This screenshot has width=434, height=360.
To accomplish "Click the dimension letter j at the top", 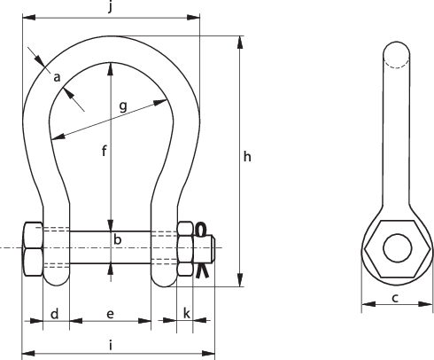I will [x=110, y=9].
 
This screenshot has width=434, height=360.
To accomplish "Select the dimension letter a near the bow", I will [x=57, y=77].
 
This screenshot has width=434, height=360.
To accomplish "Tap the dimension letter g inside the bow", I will [x=122, y=106].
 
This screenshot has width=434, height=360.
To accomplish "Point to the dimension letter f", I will [x=103, y=151].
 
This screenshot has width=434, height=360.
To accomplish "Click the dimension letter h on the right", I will [x=247, y=157].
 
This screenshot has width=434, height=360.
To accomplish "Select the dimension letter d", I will [x=54, y=314].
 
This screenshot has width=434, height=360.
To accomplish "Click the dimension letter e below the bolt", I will [x=110, y=314].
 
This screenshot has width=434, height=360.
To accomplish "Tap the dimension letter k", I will [x=186, y=313].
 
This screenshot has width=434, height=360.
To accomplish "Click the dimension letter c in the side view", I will [x=392, y=298].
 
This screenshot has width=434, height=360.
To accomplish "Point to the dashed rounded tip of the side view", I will [x=396, y=53].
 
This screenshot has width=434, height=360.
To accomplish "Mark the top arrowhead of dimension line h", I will [x=238, y=41].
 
